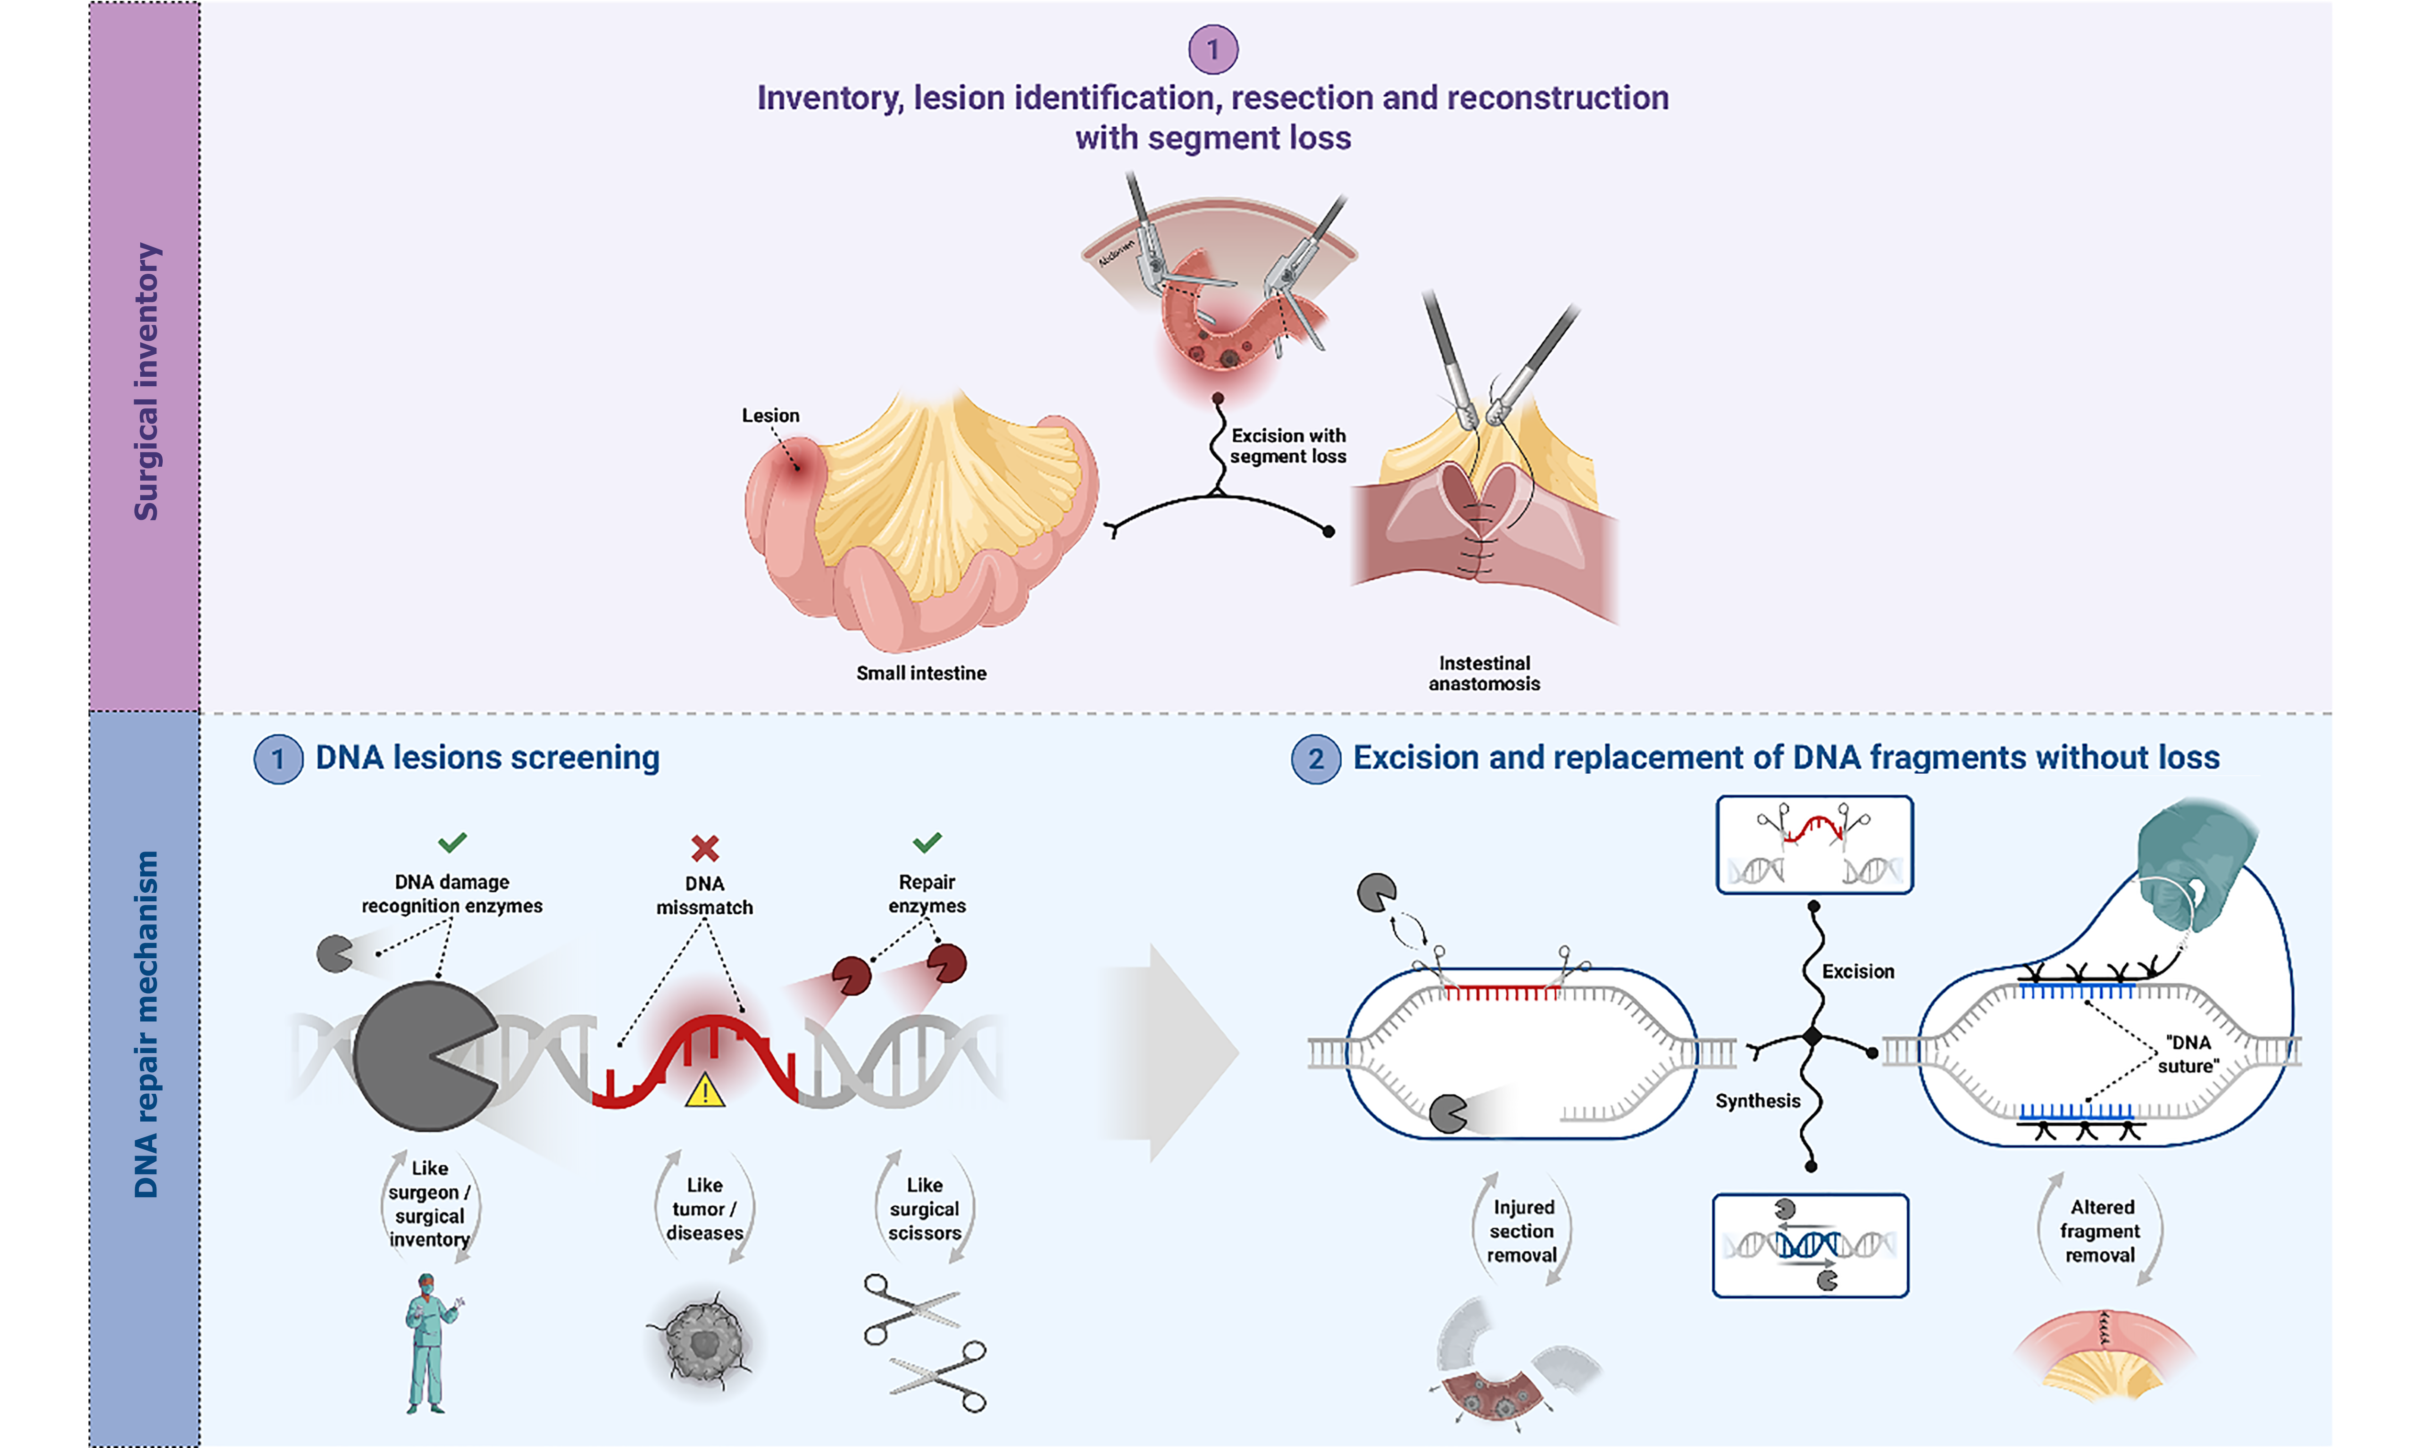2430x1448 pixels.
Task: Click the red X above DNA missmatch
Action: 704,848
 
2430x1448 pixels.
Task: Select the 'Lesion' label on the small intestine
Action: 769,415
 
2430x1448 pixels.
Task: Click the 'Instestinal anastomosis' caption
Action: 1484,673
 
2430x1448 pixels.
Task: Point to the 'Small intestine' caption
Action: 921,673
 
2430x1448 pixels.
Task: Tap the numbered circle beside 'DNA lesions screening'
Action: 278,759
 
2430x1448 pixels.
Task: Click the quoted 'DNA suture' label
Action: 2188,1054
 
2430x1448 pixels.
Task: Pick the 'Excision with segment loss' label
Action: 1288,446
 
